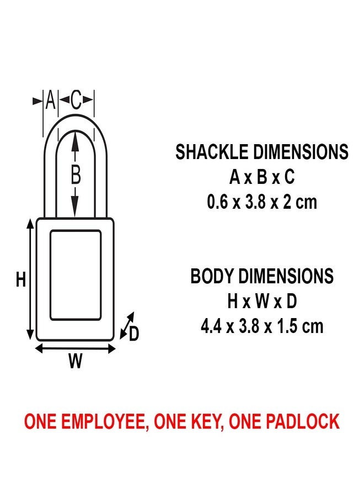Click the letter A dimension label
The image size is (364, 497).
point(50,101)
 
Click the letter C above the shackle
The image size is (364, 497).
point(76,101)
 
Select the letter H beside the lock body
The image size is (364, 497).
point(21,280)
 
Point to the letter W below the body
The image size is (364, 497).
point(75,361)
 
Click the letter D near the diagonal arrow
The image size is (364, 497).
point(133,334)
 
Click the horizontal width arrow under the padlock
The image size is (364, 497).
point(75,348)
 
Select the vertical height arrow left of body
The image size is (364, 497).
point(30,279)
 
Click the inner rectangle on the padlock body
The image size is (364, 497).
point(76,275)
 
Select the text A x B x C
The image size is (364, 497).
point(262,177)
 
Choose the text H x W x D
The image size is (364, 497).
point(262,302)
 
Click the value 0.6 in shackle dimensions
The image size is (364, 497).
point(217,202)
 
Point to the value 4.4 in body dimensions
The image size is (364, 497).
point(211,326)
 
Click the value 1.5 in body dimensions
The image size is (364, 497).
point(285,326)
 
